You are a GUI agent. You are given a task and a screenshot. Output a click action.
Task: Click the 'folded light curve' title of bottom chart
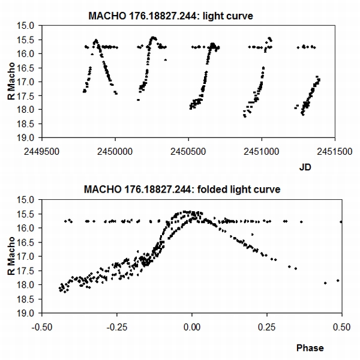point(191,190)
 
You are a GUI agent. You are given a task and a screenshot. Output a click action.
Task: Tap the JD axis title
point(305,169)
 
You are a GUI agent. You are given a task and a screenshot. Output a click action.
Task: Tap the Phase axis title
point(310,347)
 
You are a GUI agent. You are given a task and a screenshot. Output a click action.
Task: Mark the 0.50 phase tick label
point(341,328)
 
